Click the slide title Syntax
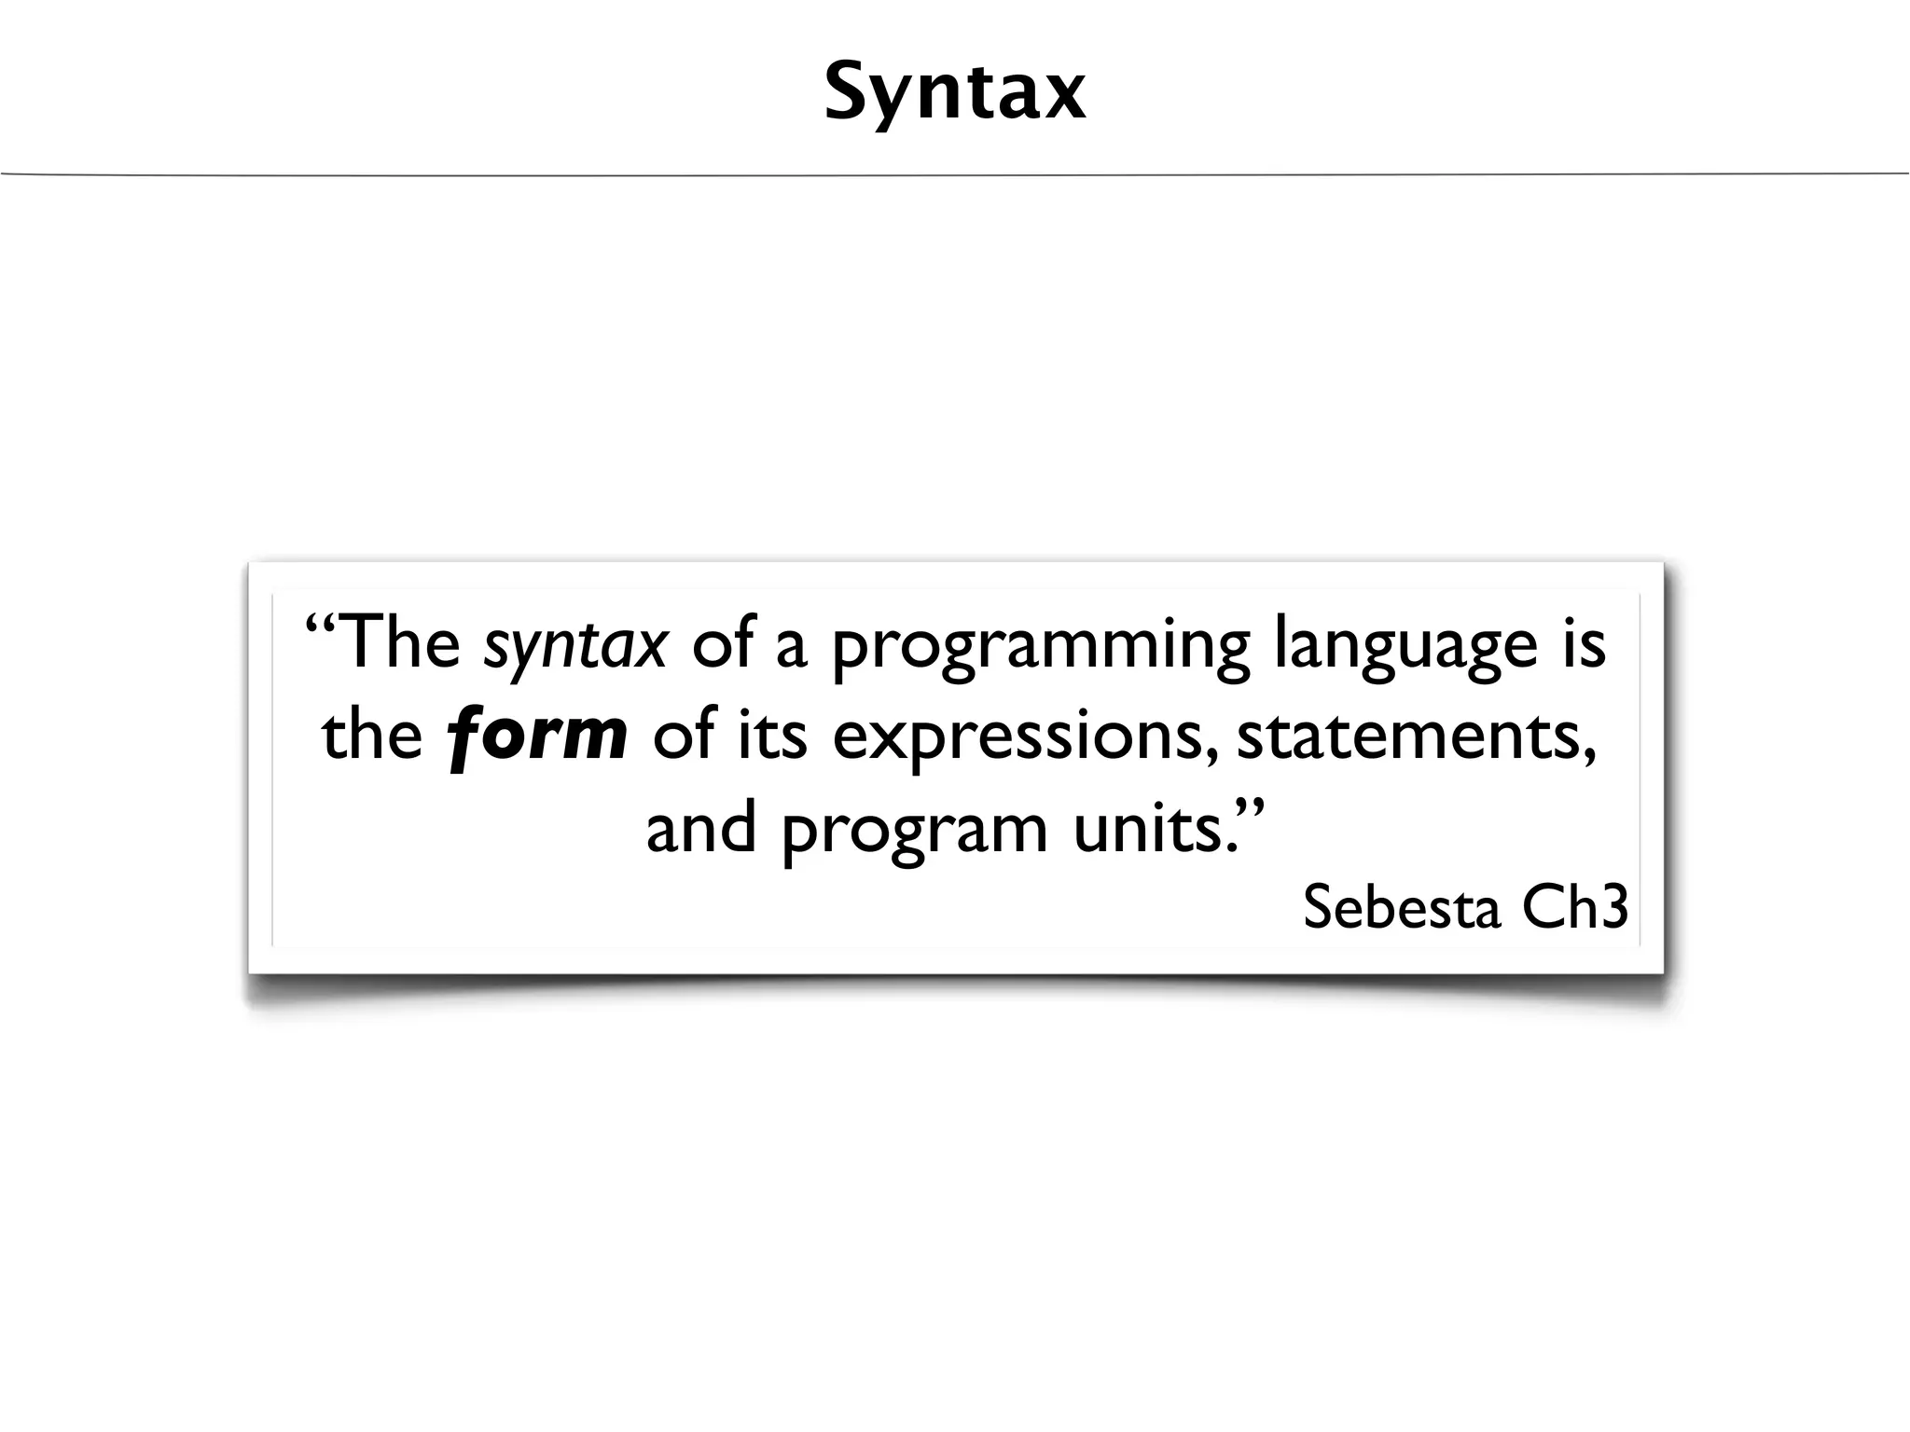[955, 92]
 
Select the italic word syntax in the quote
[575, 645]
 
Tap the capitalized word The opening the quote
[403, 643]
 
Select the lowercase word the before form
[372, 735]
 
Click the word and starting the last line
[700, 828]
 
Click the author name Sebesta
[1402, 906]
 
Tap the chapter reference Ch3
[1575, 906]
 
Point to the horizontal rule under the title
[955, 173]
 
